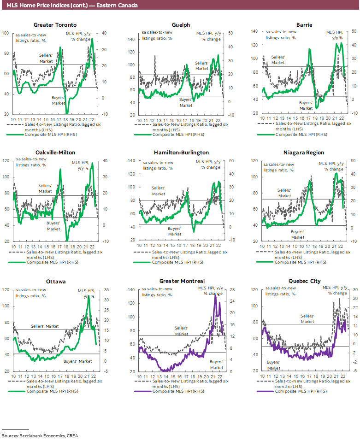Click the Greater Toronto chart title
(x=55, y=25)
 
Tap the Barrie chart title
(x=304, y=25)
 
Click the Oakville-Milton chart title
(x=55, y=153)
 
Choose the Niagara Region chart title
(x=304, y=153)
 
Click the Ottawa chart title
(x=55, y=281)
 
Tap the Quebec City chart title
(x=304, y=281)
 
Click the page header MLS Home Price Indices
(x=72, y=6)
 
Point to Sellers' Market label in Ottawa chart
(x=45, y=326)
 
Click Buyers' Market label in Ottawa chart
(x=77, y=348)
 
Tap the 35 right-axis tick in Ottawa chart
(x=106, y=290)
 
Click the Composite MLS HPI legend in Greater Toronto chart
(x=51, y=135)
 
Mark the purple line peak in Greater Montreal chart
(x=215, y=295)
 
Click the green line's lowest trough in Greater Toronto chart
(x=67, y=113)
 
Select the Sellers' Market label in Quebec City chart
(x=307, y=318)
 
